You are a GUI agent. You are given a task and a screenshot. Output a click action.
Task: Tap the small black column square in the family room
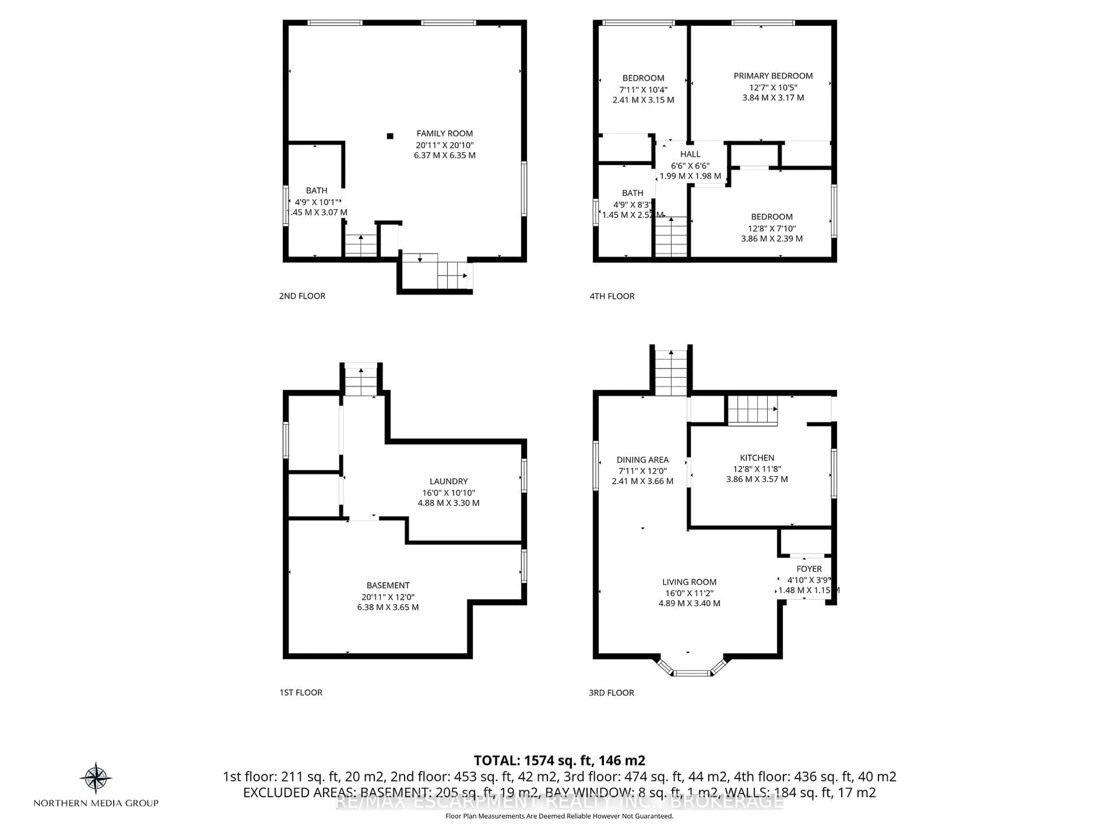[390, 136]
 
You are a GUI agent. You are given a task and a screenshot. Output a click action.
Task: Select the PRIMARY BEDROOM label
[773, 76]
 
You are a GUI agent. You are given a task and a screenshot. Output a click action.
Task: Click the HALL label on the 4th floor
[690, 154]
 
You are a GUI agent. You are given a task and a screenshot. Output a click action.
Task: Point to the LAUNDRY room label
[448, 482]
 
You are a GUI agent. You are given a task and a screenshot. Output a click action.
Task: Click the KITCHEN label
[757, 458]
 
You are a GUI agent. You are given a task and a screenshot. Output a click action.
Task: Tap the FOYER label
[809, 569]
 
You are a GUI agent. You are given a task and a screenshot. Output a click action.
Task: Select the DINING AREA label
[643, 460]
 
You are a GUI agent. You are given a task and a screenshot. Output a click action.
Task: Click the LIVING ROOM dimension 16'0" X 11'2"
[689, 593]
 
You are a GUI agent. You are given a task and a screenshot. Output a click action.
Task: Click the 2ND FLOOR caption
[302, 296]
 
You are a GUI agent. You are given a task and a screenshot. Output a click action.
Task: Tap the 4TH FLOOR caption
[612, 296]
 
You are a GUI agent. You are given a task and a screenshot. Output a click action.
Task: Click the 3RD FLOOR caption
[611, 693]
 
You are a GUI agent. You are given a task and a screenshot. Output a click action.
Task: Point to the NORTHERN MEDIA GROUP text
[96, 803]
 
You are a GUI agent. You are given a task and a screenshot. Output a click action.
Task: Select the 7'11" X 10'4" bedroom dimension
[643, 89]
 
